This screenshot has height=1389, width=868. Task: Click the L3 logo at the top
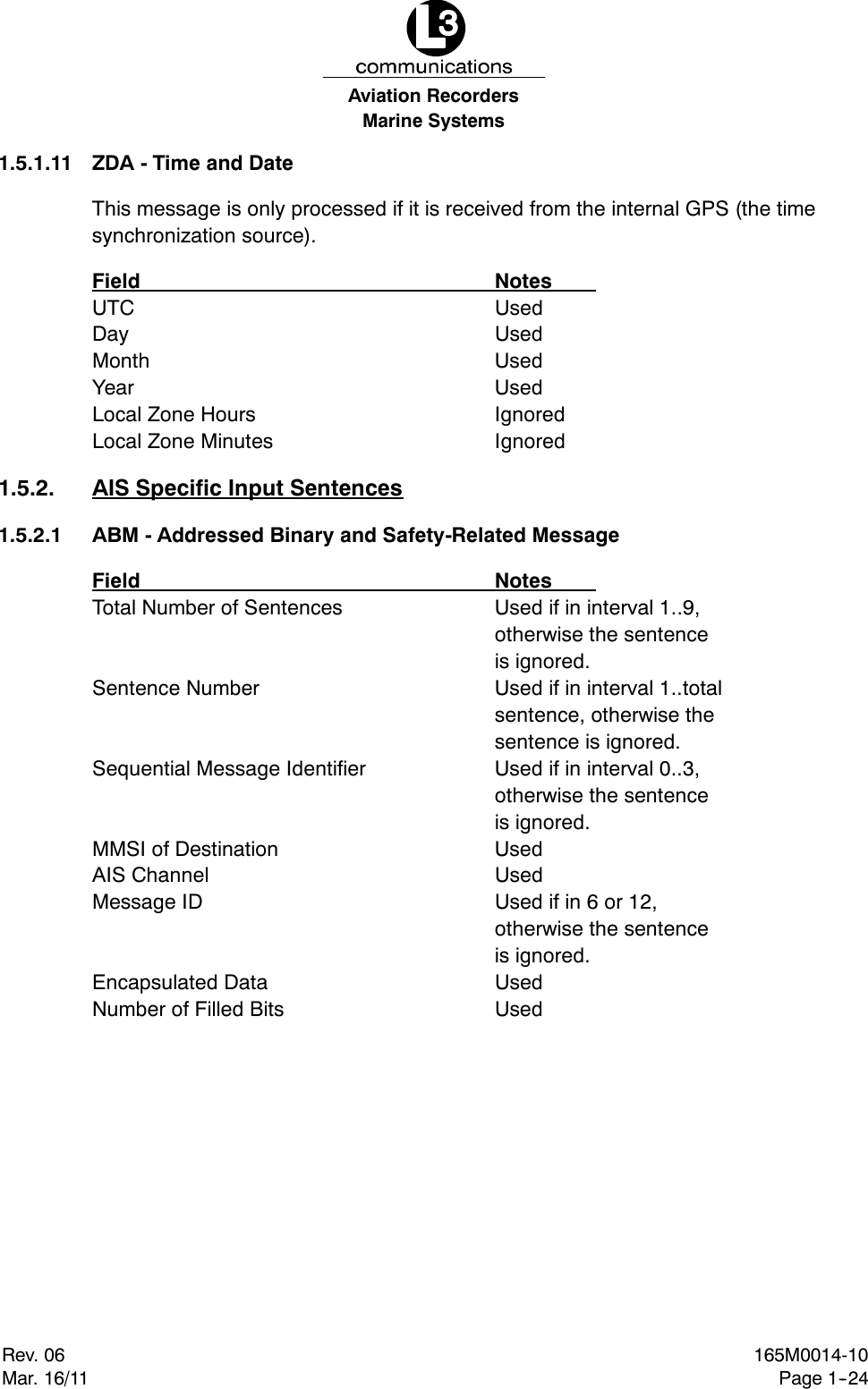[x=435, y=30]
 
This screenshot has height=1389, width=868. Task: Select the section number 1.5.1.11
[x=36, y=164]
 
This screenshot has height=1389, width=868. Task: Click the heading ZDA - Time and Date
[x=192, y=164]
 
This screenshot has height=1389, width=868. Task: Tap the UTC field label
[x=113, y=309]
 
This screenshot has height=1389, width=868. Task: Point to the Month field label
[x=121, y=361]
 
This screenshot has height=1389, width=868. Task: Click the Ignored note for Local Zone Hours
[x=530, y=415]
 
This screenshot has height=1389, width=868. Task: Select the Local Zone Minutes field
[x=183, y=442]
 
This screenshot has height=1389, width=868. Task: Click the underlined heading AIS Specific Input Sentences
[x=247, y=488]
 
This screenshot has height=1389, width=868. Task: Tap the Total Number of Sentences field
[x=217, y=608]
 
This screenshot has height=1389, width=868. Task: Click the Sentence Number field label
[x=175, y=689]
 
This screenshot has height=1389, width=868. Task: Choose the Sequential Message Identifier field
[x=228, y=769]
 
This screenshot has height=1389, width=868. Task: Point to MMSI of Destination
[x=185, y=850]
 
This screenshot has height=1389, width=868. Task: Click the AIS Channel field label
[x=150, y=876]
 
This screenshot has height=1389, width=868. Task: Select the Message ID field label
[x=147, y=902]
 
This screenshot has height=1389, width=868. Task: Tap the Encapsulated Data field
[x=179, y=983]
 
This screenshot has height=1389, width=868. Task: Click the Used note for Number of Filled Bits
[x=518, y=1010]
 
